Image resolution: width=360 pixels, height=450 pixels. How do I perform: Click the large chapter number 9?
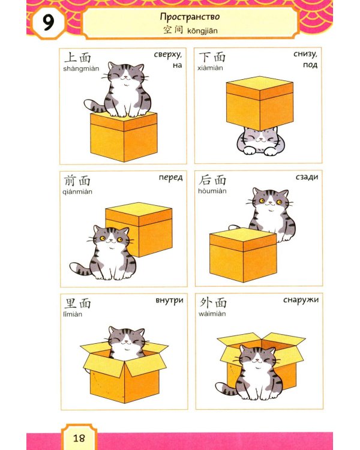tap(49, 23)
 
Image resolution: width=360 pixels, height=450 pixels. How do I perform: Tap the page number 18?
tap(79, 438)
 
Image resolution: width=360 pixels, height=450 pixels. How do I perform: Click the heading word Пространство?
tap(190, 17)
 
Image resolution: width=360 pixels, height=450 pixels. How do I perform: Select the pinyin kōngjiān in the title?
tap(202, 31)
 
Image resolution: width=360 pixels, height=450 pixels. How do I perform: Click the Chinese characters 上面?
tap(77, 58)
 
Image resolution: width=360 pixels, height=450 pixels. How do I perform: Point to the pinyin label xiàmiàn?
tap(210, 68)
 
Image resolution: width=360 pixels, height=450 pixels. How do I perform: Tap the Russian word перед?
tap(170, 178)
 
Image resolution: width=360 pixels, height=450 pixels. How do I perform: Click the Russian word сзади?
tap(307, 177)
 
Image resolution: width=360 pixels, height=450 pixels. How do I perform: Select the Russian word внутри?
tap(169, 300)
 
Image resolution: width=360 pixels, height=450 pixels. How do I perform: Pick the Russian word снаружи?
tap(301, 300)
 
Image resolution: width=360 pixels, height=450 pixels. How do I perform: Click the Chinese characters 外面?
tap(213, 303)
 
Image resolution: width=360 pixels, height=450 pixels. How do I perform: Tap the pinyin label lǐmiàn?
tap(73, 314)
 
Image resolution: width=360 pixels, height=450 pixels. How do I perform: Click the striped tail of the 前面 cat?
tap(80, 269)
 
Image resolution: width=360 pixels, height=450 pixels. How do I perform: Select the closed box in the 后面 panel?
tap(243, 255)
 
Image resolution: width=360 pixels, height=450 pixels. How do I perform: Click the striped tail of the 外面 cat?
tap(226, 389)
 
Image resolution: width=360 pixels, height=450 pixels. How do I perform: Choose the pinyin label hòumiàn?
tap(212, 191)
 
